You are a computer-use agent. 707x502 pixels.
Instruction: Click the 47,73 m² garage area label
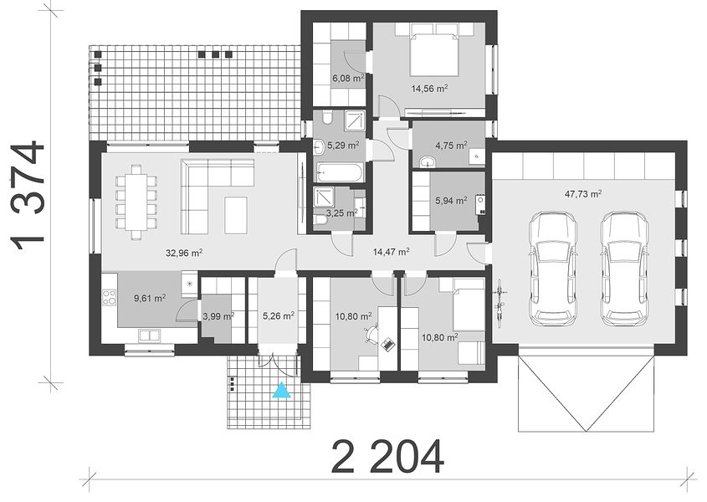click(x=583, y=194)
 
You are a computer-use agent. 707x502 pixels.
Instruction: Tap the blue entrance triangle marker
click(x=282, y=390)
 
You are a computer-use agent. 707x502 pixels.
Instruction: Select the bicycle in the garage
click(x=500, y=303)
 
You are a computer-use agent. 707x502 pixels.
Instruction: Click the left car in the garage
click(x=552, y=269)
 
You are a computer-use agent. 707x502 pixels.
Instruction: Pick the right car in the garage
click(x=624, y=269)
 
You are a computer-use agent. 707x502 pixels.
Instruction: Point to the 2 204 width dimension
click(x=387, y=456)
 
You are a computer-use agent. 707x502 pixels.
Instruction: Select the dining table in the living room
click(x=136, y=202)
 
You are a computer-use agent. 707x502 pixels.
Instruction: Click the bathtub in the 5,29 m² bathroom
click(x=339, y=172)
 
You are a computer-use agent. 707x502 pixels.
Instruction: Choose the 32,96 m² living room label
click(x=183, y=253)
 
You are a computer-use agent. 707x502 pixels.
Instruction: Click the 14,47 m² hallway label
click(x=391, y=251)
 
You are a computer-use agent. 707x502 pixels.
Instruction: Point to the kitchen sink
click(x=149, y=336)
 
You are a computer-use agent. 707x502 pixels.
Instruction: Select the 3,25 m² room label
click(x=342, y=213)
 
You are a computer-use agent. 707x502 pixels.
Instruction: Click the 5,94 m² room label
click(x=451, y=200)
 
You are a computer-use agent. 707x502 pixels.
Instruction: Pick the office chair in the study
click(x=370, y=334)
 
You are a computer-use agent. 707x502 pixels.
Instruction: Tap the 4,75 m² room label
click(x=451, y=146)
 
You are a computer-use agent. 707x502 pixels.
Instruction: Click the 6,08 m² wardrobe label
click(x=349, y=78)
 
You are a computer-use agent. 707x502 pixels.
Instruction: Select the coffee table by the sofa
click(x=236, y=215)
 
